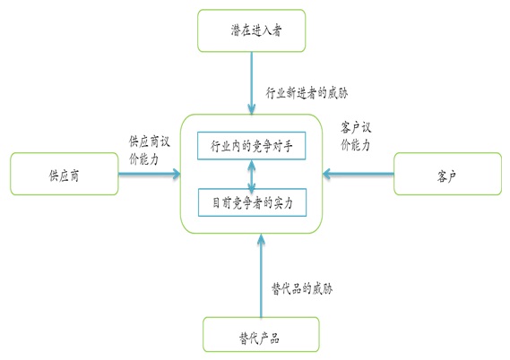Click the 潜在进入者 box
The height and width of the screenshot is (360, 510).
tap(255, 33)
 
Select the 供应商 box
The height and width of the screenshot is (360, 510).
tap(64, 175)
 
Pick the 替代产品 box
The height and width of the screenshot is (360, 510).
tap(260, 339)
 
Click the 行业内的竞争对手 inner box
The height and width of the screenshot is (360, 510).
tap(252, 145)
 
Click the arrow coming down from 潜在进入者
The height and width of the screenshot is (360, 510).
tap(253, 85)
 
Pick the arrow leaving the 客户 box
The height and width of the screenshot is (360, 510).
tap(359, 175)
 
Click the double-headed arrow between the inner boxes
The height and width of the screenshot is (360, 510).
tap(252, 175)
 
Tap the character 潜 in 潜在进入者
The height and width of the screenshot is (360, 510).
tap(233, 33)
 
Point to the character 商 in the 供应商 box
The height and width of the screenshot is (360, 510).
tap(77, 175)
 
